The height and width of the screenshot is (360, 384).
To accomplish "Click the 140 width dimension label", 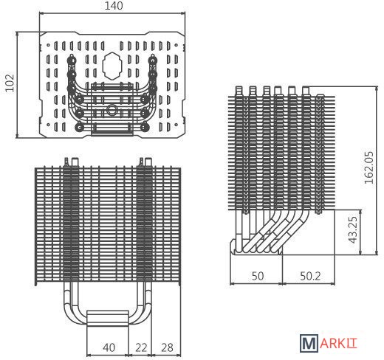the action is [114, 6].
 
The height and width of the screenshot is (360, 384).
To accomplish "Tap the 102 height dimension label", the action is [10, 83].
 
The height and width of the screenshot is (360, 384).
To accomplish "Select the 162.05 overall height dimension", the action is [369, 167].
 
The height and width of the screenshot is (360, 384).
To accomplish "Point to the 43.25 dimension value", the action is [353, 229].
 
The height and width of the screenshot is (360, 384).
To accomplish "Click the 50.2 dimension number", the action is [310, 276].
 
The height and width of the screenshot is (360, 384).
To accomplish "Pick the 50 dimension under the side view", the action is [258, 276].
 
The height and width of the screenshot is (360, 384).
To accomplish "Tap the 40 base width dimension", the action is [109, 347].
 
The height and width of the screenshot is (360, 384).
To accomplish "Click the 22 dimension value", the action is [141, 347].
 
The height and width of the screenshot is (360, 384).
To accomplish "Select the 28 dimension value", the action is [167, 347].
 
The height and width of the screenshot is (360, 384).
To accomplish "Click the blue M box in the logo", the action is [309, 343].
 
